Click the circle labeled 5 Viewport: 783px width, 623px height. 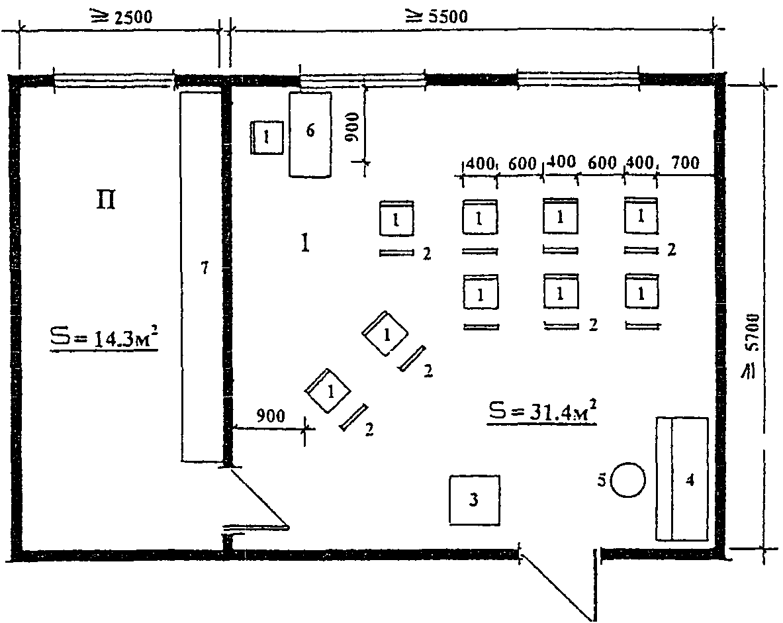627,480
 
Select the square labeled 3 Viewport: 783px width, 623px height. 475,500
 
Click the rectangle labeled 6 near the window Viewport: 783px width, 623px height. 310,134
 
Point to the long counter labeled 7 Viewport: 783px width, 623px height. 201,277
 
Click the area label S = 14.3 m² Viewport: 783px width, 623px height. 104,338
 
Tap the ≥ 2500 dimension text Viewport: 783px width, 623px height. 121,17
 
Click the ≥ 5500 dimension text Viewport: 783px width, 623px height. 437,17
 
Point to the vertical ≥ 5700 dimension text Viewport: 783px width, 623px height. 751,345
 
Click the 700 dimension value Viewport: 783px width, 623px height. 686,162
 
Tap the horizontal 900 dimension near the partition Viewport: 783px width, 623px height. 270,416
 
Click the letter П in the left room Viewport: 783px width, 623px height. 106,200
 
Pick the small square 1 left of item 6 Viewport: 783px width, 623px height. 267,137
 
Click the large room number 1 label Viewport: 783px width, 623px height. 305,243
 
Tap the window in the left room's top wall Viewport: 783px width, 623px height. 114,80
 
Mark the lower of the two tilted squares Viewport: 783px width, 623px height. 328,391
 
